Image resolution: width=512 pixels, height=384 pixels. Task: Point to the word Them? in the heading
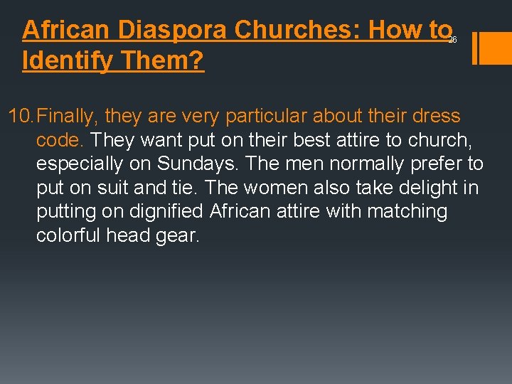pyautogui.click(x=163, y=61)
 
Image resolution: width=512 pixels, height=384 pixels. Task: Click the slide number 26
pyautogui.click(x=452, y=41)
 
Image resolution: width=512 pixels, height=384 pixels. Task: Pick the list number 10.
pyautogui.click(x=20, y=116)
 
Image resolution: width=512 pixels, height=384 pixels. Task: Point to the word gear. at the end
pyautogui.click(x=176, y=236)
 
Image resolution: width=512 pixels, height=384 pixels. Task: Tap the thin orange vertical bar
pyautogui.click(x=474, y=48)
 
